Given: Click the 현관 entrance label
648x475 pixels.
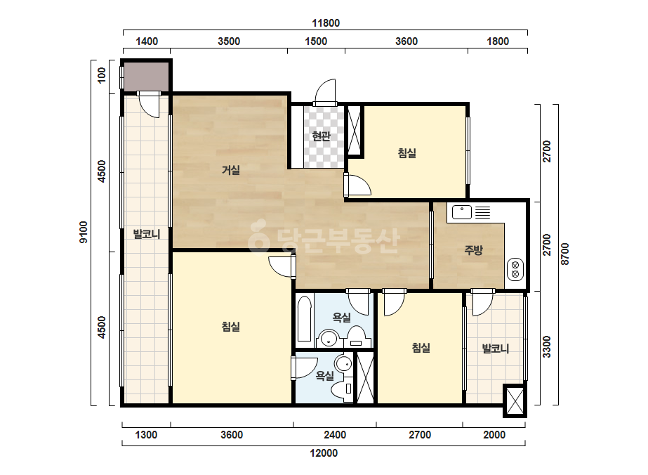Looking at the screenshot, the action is [321, 136].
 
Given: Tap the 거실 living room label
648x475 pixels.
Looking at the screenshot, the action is [230, 169].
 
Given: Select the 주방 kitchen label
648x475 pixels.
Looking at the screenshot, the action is [473, 250].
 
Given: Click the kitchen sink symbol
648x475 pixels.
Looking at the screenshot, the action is [462, 212].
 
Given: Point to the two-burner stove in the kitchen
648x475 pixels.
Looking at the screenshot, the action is [515, 269].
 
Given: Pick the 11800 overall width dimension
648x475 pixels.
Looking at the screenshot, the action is [326, 23].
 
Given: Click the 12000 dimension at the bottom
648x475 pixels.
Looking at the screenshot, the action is [324, 453].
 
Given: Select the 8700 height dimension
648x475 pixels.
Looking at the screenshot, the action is [565, 254].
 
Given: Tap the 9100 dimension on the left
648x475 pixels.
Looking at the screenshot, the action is [84, 232].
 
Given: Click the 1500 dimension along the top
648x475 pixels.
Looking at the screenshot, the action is [316, 41].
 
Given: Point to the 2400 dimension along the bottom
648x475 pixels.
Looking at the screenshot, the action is [335, 435].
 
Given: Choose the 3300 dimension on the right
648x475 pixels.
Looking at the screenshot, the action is [547, 346].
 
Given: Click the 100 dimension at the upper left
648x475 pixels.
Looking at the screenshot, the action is [101, 75].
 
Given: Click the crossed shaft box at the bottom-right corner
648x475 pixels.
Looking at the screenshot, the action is [515, 401].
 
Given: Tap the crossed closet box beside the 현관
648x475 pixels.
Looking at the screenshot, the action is [354, 130].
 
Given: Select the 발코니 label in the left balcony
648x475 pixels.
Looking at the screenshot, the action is [146, 234].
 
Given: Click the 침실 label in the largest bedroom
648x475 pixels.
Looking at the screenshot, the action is [230, 327].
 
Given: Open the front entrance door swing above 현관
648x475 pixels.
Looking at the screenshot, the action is [325, 92].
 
